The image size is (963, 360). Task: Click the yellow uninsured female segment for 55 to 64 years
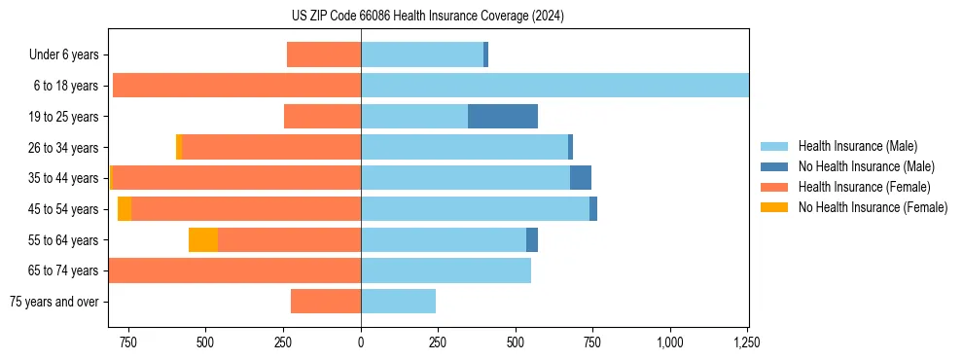(x=202, y=240)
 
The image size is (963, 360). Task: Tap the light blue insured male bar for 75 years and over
(x=398, y=302)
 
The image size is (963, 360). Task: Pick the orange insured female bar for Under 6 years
(x=324, y=54)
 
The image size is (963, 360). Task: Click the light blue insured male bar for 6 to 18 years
(x=554, y=86)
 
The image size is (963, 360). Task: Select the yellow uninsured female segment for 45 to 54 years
(x=125, y=209)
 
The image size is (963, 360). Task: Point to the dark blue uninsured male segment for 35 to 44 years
(x=581, y=178)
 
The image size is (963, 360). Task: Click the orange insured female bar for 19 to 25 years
(x=322, y=117)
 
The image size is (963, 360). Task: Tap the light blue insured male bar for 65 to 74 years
(x=446, y=270)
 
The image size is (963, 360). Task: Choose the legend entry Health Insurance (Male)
(x=857, y=146)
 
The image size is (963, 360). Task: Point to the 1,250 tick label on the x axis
(x=747, y=342)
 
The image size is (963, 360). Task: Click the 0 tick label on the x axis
(x=361, y=342)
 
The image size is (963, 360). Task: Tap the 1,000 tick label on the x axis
(x=670, y=342)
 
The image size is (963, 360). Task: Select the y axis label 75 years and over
(x=53, y=302)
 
